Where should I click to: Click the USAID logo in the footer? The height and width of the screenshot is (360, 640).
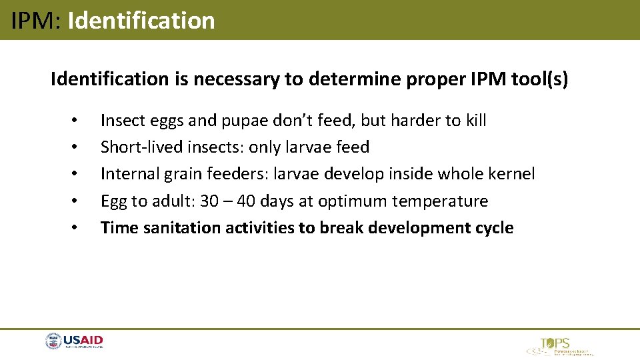74,342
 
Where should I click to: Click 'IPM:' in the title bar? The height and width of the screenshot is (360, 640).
37,21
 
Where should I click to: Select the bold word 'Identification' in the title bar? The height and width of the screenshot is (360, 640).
141,21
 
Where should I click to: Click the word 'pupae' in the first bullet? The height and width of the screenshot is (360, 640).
238,121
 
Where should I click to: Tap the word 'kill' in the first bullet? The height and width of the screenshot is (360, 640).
475,121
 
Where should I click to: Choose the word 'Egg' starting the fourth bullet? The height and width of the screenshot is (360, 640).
112,201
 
